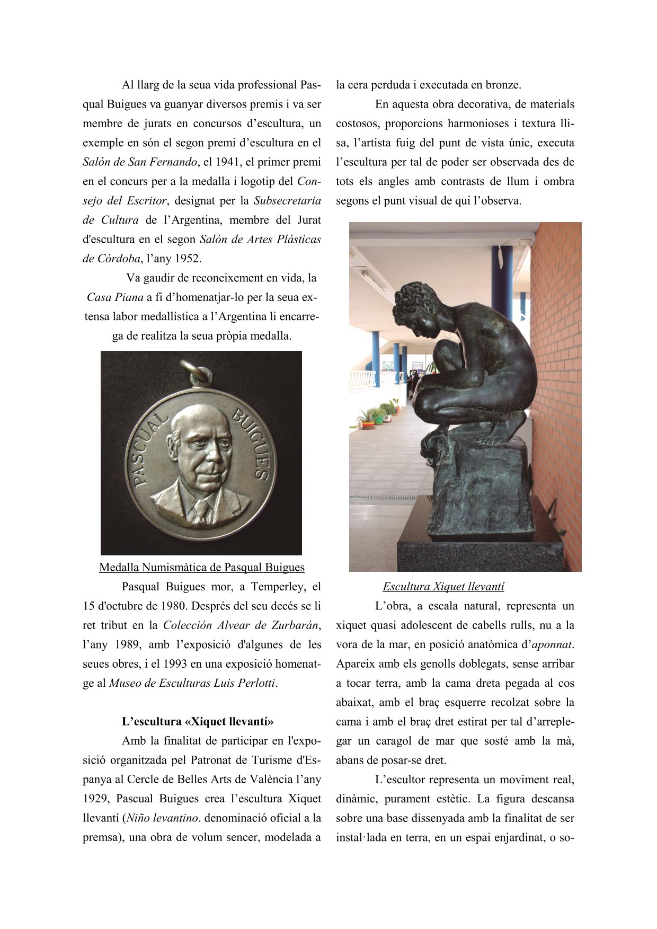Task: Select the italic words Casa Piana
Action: pos(115,297)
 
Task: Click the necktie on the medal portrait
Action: pos(202,510)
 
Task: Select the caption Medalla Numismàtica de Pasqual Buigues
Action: pos(202,568)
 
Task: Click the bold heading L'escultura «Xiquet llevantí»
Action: pos(198,722)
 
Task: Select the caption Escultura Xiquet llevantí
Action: pos(443,587)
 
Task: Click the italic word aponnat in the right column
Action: pos(552,644)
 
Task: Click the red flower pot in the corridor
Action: pos(368,424)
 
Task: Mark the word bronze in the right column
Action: pos(503,85)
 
